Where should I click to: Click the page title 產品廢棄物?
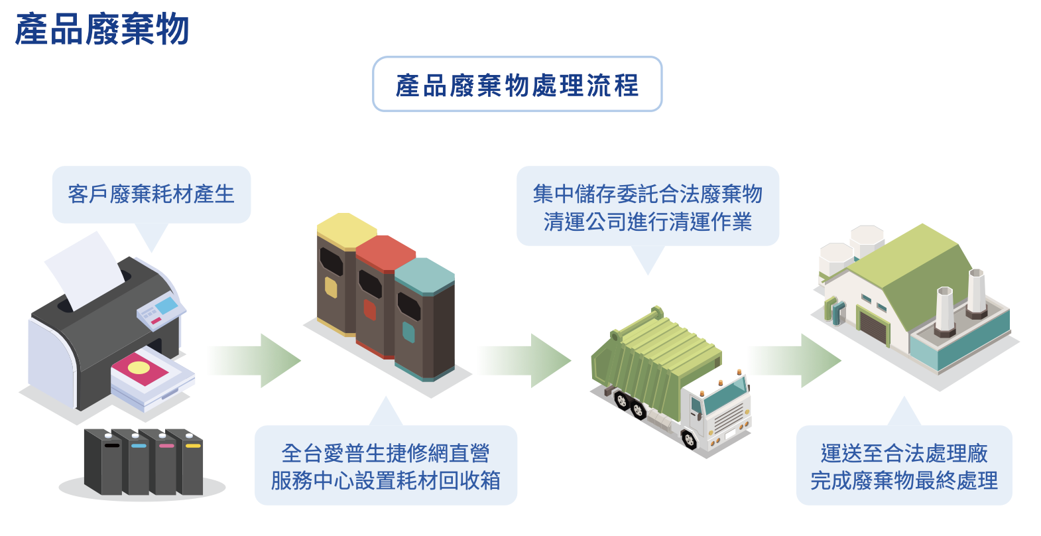[102, 30]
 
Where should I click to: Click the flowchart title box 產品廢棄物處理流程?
[517, 84]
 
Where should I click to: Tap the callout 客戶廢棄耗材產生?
[151, 194]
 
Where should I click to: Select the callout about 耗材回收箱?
[385, 466]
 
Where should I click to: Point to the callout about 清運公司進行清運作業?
[647, 207]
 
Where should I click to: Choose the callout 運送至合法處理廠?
[904, 466]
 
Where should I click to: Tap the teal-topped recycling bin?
[424, 318]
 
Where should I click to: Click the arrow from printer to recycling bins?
[255, 360]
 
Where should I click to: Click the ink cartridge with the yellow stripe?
[192, 464]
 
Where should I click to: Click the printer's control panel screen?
[166, 306]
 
